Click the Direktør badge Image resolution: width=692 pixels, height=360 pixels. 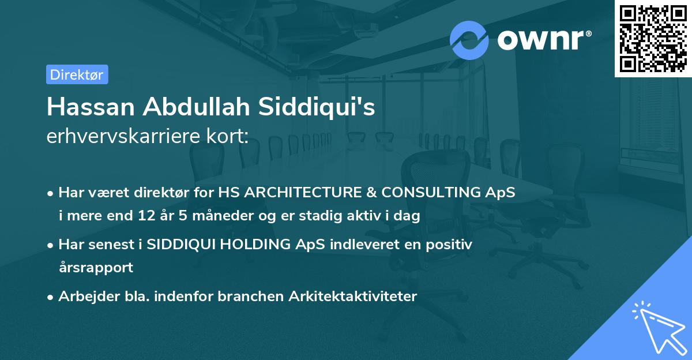click(x=77, y=74)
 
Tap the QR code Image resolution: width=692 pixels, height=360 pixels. click(x=653, y=38)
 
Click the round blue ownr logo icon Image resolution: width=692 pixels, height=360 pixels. click(x=469, y=40)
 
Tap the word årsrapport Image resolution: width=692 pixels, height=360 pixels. click(x=96, y=268)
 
